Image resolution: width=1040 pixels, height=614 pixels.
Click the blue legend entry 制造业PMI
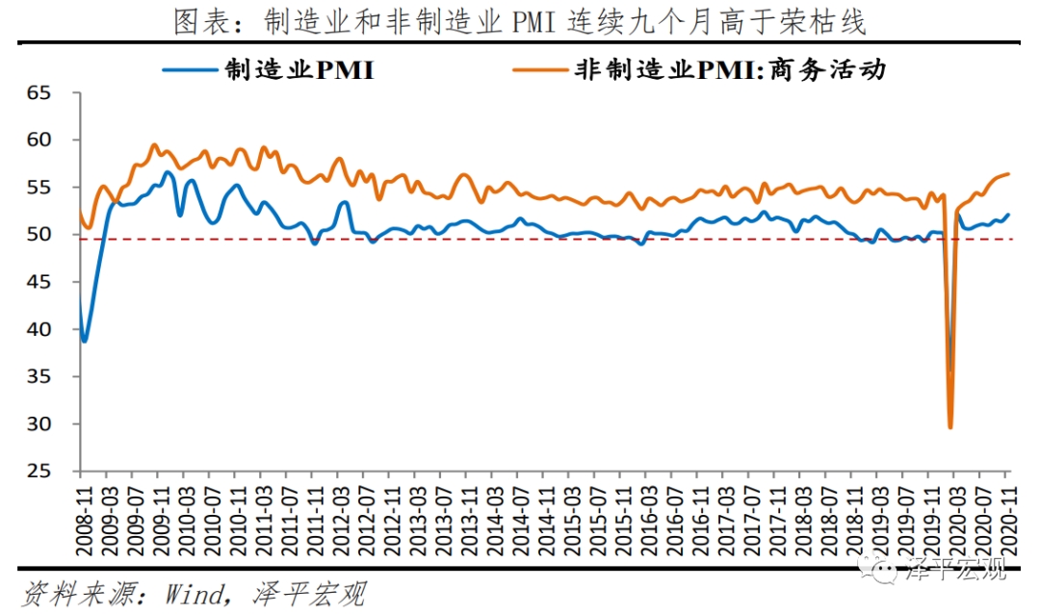(x=299, y=70)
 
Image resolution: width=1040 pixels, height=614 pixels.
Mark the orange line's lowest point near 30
(x=950, y=427)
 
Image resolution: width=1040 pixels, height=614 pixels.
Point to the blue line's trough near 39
(x=85, y=341)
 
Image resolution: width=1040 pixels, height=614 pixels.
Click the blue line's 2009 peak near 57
(x=168, y=172)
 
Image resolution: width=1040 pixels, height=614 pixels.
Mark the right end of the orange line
(x=1008, y=174)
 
